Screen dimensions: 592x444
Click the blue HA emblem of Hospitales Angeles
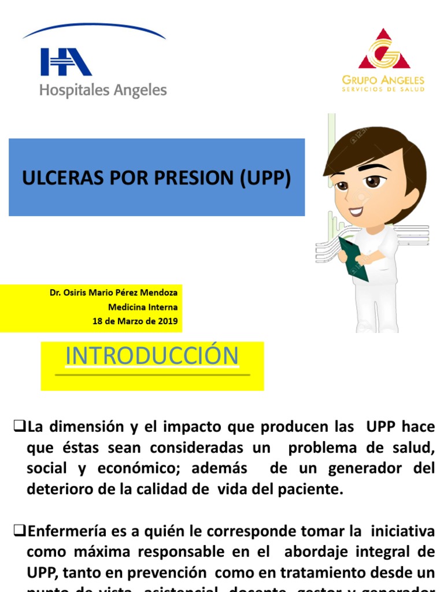[x=66, y=62]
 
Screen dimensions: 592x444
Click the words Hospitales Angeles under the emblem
[x=103, y=91]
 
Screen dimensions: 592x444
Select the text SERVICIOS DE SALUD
[x=383, y=90]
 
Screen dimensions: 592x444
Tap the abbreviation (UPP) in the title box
[x=264, y=179]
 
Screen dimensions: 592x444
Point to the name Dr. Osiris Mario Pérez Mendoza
[x=114, y=293]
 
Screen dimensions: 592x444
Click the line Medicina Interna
[x=143, y=307]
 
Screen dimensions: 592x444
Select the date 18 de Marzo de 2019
[x=135, y=321]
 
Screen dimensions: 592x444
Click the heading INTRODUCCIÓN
[x=152, y=356]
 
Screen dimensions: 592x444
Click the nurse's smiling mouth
[x=356, y=211]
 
